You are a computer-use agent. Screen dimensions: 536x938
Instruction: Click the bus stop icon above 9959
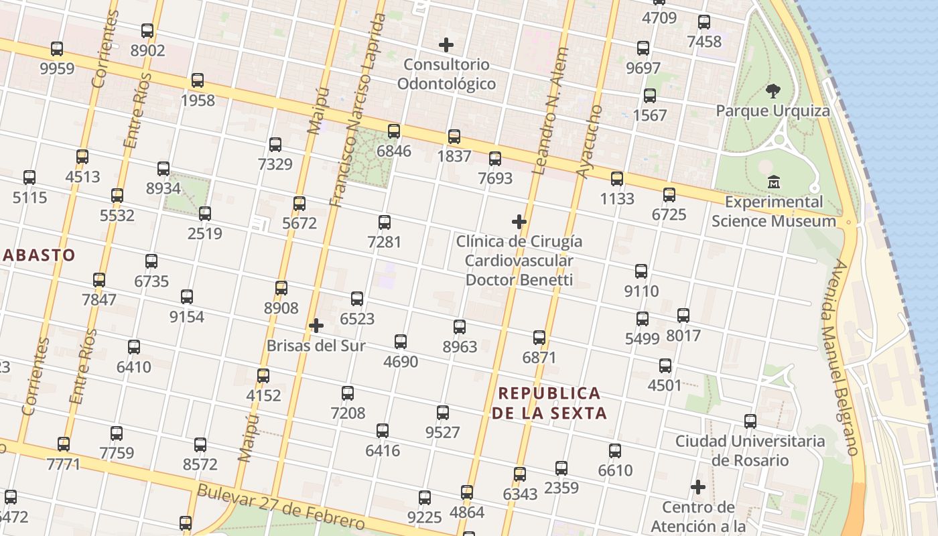(x=57, y=49)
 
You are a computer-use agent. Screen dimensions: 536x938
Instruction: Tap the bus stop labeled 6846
(x=394, y=131)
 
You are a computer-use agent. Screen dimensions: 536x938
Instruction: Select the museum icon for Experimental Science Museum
(x=774, y=182)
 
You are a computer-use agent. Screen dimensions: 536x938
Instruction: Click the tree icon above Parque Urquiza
(x=773, y=90)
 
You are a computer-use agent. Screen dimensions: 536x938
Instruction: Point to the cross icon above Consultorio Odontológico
(x=446, y=45)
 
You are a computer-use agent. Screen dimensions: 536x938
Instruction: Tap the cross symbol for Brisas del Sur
(x=316, y=326)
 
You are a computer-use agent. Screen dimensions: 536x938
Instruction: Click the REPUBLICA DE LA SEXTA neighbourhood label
(x=549, y=403)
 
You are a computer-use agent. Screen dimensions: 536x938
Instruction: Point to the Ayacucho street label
(x=590, y=142)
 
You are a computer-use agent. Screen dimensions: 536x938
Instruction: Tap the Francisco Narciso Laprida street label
(x=358, y=111)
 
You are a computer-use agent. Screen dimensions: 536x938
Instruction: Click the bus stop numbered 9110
(x=641, y=271)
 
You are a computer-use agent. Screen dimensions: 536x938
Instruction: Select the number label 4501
(x=665, y=385)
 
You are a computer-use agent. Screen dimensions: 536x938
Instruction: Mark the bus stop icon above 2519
(x=205, y=214)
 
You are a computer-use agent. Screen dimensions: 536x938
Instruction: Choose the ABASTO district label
(x=38, y=255)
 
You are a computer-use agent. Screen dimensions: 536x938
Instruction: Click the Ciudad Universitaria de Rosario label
(x=750, y=450)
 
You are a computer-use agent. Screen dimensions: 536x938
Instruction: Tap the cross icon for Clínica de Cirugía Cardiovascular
(x=519, y=222)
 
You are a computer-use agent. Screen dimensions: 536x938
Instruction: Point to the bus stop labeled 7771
(x=64, y=444)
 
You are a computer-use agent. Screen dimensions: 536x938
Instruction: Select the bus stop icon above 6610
(x=615, y=451)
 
